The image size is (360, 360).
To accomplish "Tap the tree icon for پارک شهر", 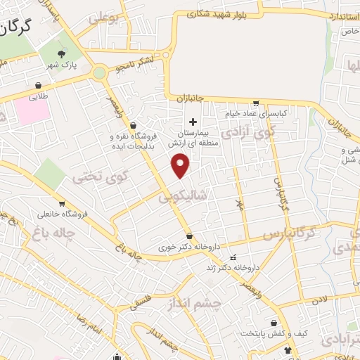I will pos(62,54).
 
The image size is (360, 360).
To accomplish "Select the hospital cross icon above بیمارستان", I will pos(193,121).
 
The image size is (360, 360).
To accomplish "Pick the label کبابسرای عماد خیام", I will pos(257,113).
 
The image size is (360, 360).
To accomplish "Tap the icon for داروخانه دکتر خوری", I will pos(189,235).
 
